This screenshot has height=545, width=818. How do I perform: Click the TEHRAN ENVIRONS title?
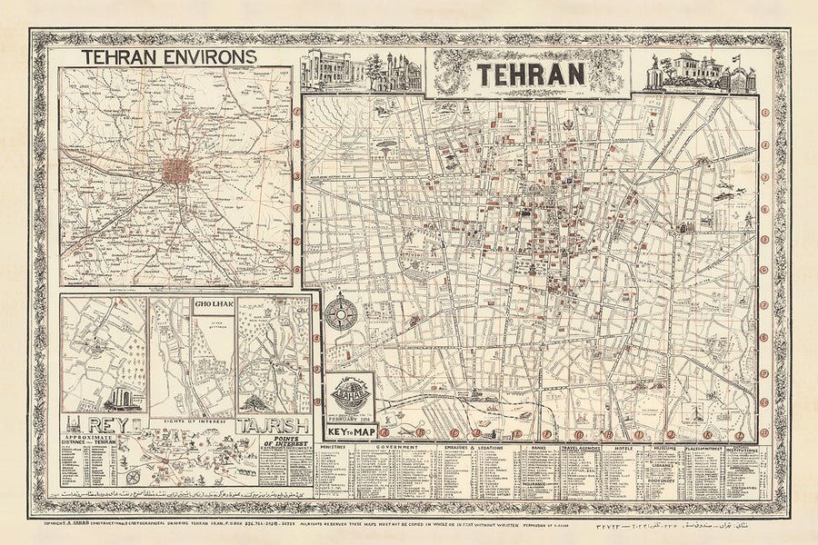coord(170,56)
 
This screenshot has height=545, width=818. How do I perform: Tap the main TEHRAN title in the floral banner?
coord(533,74)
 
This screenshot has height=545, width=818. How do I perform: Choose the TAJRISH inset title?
coord(274,425)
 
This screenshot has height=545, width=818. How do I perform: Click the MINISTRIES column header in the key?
coord(334,447)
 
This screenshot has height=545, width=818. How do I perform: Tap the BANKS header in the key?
coord(539,447)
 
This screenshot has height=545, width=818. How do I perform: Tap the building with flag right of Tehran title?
coord(700,74)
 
